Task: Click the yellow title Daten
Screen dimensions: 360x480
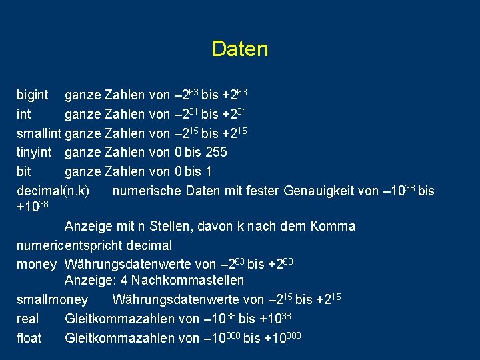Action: tap(240, 49)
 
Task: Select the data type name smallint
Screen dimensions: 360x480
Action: tap(39, 134)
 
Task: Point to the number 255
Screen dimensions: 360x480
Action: tap(215, 152)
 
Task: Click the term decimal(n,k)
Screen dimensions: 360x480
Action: tap(53, 191)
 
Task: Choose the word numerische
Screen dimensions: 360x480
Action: tap(147, 191)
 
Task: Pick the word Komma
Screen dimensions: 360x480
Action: tap(336, 226)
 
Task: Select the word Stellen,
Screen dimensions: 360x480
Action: tap(168, 226)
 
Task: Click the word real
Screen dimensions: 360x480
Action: tap(27, 319)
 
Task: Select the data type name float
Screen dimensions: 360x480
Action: tap(29, 338)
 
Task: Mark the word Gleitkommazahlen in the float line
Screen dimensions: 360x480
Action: tap(120, 338)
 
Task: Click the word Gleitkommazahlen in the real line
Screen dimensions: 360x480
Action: tap(120, 319)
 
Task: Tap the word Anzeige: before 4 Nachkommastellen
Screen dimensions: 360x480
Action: tap(91, 280)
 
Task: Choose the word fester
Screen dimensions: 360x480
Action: tap(261, 191)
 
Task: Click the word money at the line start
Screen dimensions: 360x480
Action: tap(36, 264)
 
